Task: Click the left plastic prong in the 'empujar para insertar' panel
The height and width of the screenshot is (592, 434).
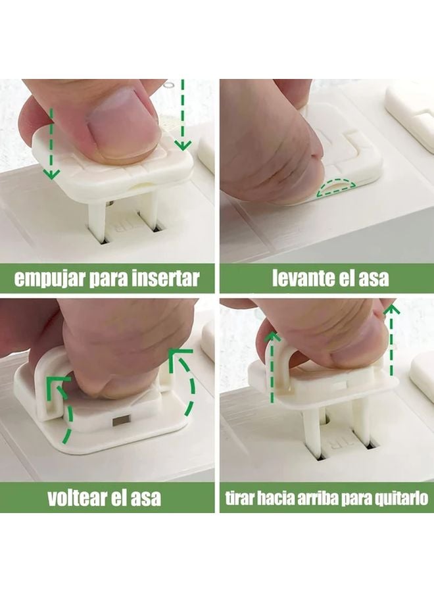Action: (x=95, y=220)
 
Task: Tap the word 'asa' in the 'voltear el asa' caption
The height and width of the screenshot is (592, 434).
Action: (x=146, y=499)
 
